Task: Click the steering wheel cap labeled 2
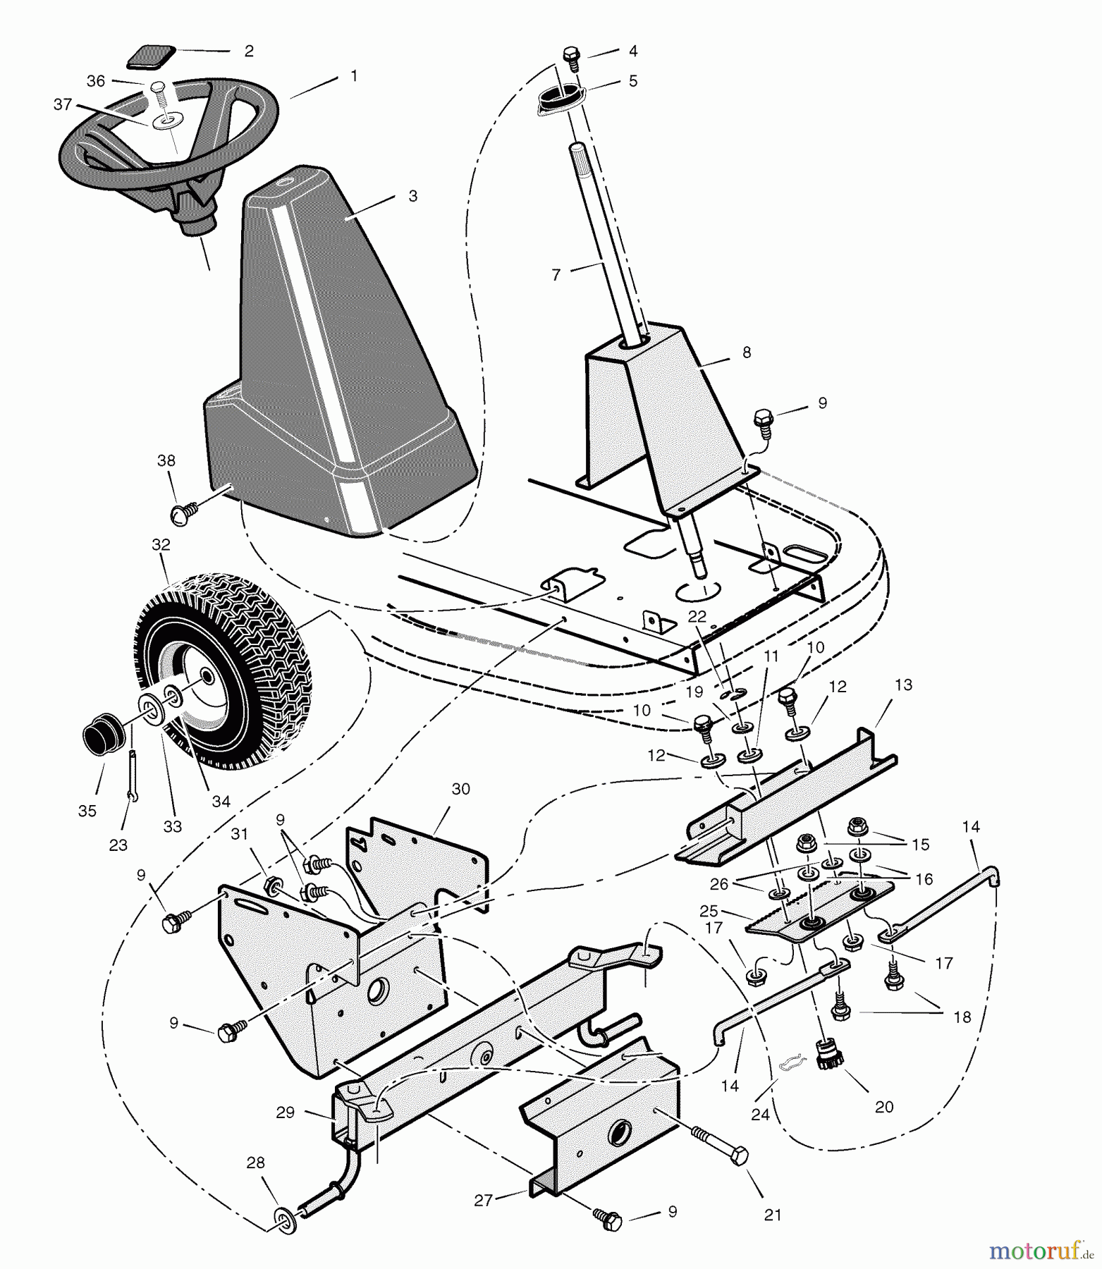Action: pos(150,56)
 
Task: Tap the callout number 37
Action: pos(63,104)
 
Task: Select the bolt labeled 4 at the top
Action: pos(571,56)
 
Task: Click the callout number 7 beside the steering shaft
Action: pos(556,275)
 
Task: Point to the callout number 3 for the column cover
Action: pos(413,195)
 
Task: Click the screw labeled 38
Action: pos(181,514)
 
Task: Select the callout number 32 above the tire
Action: pos(161,545)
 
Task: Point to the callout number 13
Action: pos(903,685)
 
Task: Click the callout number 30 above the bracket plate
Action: pos(460,789)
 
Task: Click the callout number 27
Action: pos(483,1200)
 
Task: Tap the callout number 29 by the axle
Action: pos(285,1112)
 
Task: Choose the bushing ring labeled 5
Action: pos(558,96)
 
